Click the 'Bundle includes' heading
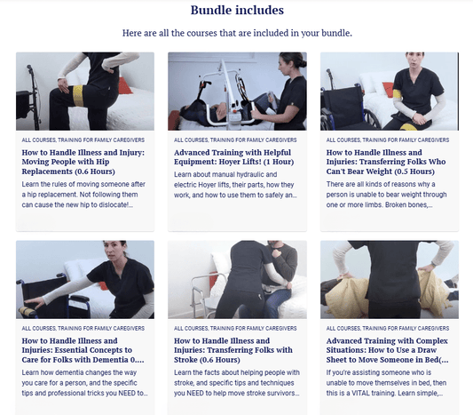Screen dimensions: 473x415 tap(237, 11)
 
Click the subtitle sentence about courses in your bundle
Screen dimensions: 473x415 tap(237, 33)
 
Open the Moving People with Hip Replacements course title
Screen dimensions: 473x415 tap(83, 162)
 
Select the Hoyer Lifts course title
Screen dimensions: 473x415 tap(233, 157)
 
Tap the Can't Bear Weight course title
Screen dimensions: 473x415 tap(386, 162)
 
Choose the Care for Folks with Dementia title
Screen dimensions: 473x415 tap(83, 350)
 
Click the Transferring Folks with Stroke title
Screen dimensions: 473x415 tap(233, 350)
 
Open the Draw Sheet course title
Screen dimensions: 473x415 tap(387, 350)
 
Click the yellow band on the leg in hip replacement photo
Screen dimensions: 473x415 tap(78, 96)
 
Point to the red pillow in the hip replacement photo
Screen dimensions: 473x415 tap(124, 86)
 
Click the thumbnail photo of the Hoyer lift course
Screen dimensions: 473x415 tap(238, 92)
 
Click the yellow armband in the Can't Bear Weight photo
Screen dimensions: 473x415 tap(397, 94)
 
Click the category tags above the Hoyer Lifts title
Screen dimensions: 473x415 tap(235, 140)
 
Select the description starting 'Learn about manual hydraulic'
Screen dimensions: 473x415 tap(235, 185)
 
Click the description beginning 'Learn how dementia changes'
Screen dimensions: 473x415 tap(85, 383)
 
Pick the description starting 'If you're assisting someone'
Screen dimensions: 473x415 tap(386, 383)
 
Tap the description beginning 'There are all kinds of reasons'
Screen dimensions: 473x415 tap(386, 195)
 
